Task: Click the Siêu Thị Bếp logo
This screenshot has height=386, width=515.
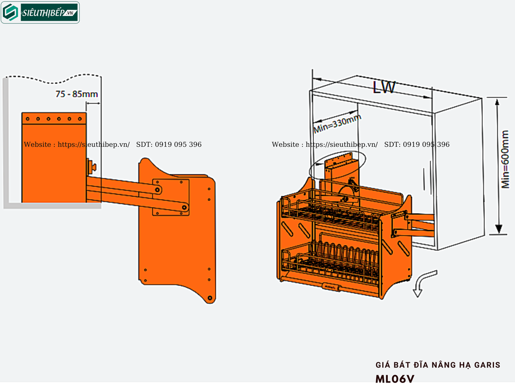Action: [x=40, y=13]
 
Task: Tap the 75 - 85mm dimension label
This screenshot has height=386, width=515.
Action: [x=76, y=94]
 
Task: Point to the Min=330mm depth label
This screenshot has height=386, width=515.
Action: [x=337, y=123]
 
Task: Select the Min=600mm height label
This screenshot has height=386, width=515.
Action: [x=505, y=159]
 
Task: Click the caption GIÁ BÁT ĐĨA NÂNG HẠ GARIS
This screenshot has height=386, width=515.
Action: [x=438, y=365]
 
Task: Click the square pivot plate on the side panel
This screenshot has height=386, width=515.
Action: [x=170, y=197]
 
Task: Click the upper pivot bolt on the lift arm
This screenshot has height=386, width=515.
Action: [x=157, y=189]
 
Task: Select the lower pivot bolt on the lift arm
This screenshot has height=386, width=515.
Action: [x=185, y=207]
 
